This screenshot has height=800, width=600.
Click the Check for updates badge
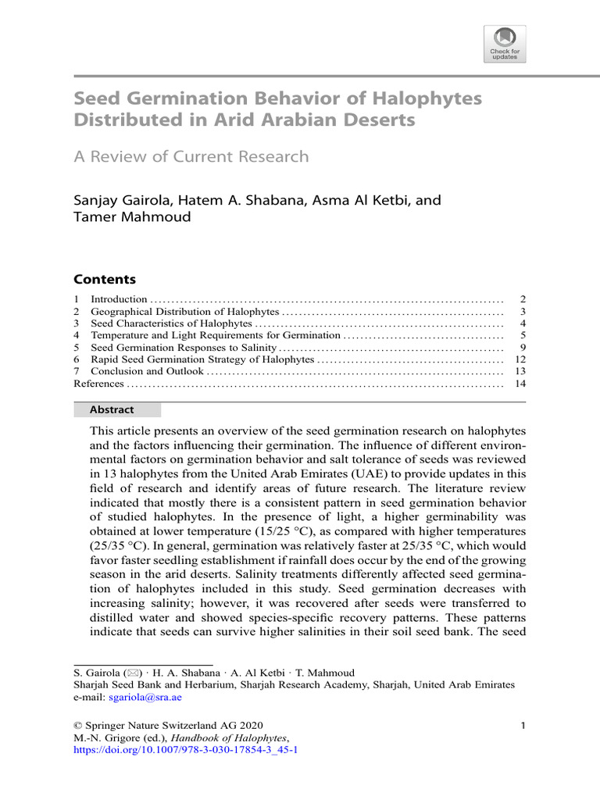[x=505, y=44]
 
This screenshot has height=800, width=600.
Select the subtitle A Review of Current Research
[x=191, y=156]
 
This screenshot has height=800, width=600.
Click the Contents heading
[x=104, y=279]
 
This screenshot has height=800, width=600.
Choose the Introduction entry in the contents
[x=119, y=299]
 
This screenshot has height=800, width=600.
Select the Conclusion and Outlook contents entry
[x=147, y=371]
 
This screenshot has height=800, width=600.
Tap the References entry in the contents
[x=98, y=384]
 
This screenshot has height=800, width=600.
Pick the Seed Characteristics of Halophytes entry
[x=171, y=323]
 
